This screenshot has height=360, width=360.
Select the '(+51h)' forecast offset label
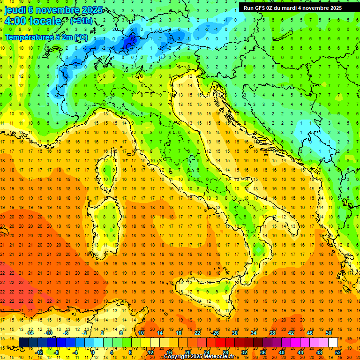[81, 21]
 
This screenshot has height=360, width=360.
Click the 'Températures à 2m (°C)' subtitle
[46, 37]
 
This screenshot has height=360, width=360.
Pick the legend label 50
[328, 333]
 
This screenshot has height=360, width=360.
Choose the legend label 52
[338, 352]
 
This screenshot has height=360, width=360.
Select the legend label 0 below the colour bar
[93, 352]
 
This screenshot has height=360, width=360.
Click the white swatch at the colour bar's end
[333, 342]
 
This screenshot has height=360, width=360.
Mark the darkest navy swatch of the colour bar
[24, 342]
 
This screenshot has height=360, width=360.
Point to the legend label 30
[234, 333]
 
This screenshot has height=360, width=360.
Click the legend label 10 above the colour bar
[141, 333]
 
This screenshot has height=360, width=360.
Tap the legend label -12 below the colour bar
[39, 352]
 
